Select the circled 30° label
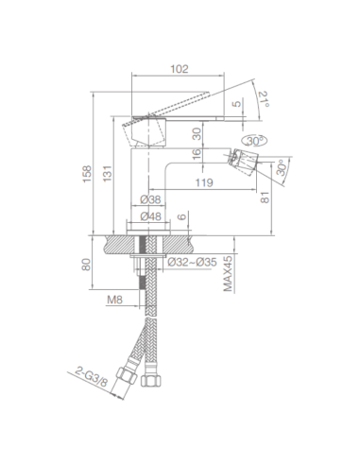252,140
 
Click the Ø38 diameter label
148,199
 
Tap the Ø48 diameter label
148,216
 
